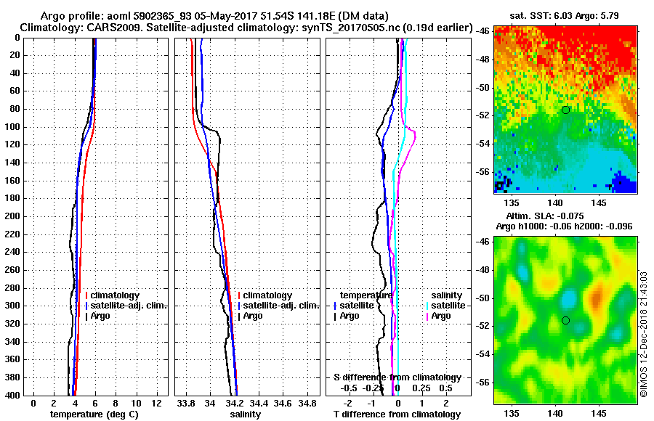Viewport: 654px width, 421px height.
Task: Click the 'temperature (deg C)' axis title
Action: coord(94,414)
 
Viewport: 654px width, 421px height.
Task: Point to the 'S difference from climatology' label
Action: coord(397,377)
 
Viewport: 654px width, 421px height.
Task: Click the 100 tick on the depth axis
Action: coord(14,127)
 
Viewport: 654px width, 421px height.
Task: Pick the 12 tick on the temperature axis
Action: coord(156,403)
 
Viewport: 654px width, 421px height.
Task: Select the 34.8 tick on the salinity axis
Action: coord(308,403)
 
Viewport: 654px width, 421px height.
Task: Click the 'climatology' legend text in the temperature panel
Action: coord(116,295)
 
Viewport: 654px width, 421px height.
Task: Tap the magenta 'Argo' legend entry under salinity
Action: coord(440,316)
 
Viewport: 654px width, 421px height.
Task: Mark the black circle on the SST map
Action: coord(565,110)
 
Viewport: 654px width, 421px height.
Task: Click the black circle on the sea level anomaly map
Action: coord(565,320)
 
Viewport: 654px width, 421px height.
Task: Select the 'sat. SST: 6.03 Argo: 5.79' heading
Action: coord(565,15)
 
